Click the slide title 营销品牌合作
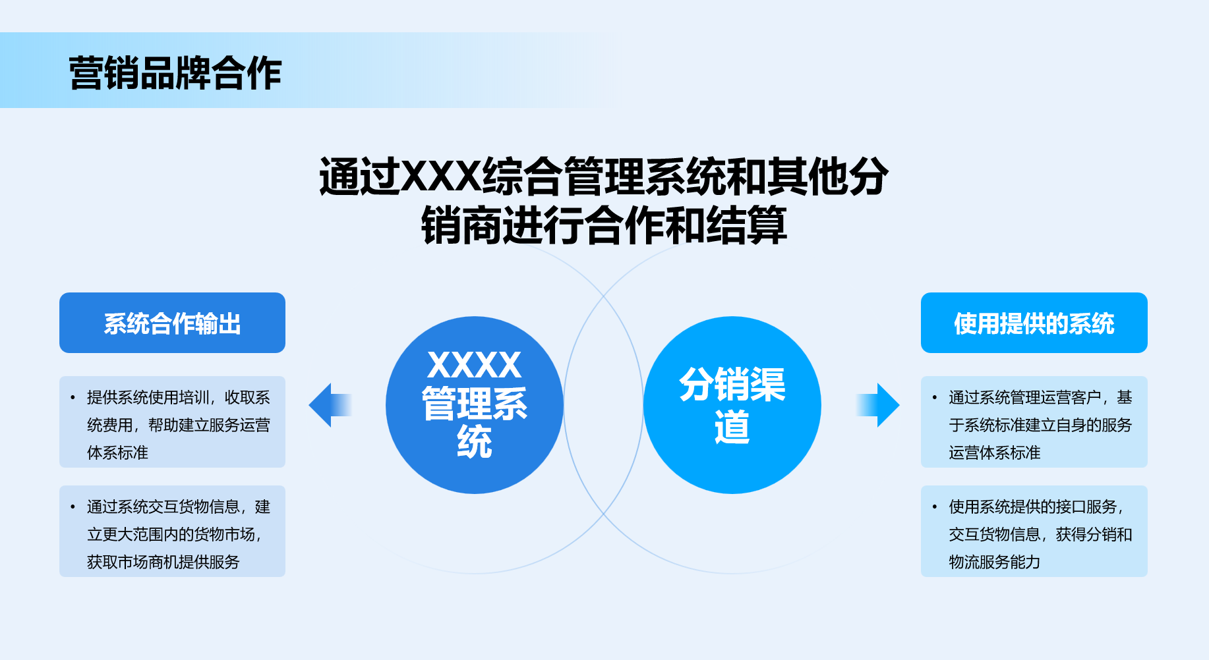[175, 72]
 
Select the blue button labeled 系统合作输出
[172, 323]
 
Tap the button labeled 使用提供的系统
[1034, 323]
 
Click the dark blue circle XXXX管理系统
[475, 405]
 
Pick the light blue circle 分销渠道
[732, 405]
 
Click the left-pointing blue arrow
[330, 405]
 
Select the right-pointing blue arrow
[878, 405]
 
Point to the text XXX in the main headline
[441, 177]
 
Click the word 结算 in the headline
[747, 225]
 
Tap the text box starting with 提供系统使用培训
[172, 422]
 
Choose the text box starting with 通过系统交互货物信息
[172, 531]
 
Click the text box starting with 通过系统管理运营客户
[1034, 422]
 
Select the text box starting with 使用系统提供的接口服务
[1034, 531]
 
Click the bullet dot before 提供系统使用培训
[73, 397]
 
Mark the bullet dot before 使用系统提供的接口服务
[935, 507]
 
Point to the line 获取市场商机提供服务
[163, 562]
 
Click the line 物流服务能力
[995, 562]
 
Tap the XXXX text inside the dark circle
[475, 365]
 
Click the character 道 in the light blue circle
[732, 427]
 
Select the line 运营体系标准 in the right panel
[995, 453]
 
